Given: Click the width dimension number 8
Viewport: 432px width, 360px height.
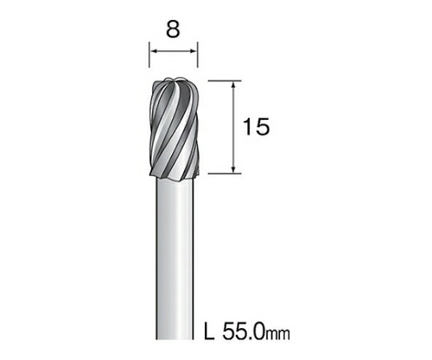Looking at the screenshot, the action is pos(173,29).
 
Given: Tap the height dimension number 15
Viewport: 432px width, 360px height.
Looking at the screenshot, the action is pos(257,127).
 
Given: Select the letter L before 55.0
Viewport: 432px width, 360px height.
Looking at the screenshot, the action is pos(209,331).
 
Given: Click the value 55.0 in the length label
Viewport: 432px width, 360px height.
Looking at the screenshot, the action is pos(244,331).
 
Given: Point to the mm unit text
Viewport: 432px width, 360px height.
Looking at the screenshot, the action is pos(278,334).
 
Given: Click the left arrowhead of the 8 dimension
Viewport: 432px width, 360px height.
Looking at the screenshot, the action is pos(153,52).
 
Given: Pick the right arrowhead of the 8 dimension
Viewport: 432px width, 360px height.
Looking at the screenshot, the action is pos(194,52).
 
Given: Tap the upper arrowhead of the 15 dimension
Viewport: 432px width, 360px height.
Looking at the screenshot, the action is pos(234,85).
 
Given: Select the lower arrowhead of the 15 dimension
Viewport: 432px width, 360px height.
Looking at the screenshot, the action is pos(234,170).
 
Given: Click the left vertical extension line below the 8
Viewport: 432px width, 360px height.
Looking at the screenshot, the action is pos(149,54).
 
